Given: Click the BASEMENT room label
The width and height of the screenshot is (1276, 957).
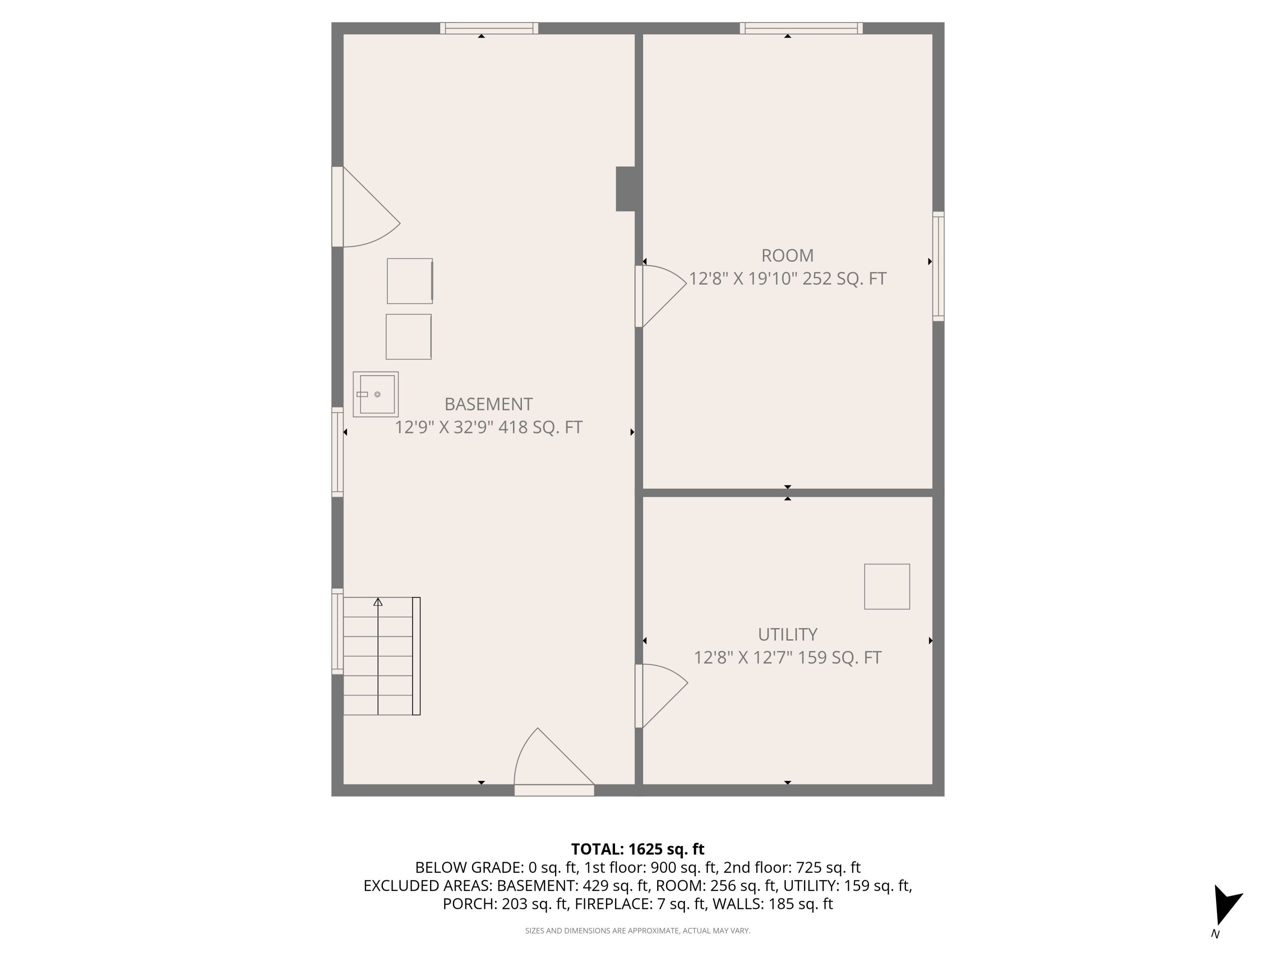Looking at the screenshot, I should (488, 404).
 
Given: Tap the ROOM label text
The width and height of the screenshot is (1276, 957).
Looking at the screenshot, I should (787, 256).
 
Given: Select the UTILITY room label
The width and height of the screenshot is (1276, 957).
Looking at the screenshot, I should (787, 635).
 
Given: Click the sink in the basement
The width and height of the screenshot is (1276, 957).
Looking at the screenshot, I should (376, 395).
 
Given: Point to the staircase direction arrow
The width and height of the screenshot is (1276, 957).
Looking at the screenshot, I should (378, 602).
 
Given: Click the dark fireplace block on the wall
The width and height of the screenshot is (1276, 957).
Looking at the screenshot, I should (627, 188).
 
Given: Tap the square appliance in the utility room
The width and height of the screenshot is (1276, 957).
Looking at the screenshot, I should (887, 587).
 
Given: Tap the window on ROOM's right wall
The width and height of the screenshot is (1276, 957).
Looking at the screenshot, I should (939, 266).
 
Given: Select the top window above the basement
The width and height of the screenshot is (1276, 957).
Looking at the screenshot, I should (489, 28).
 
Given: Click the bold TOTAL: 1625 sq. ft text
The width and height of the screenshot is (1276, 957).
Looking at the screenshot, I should (638, 849).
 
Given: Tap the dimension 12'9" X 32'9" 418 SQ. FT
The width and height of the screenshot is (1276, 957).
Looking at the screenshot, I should (488, 427).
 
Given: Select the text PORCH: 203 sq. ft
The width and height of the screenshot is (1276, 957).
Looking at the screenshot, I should (505, 904).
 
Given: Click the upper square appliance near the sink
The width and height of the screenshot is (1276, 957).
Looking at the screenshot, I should (410, 281).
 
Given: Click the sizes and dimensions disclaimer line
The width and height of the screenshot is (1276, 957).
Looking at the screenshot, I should (638, 931).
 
